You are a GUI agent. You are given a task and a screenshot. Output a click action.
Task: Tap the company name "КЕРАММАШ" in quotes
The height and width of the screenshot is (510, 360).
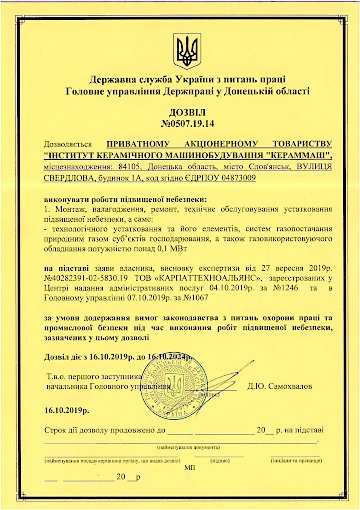[x=290, y=155]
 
